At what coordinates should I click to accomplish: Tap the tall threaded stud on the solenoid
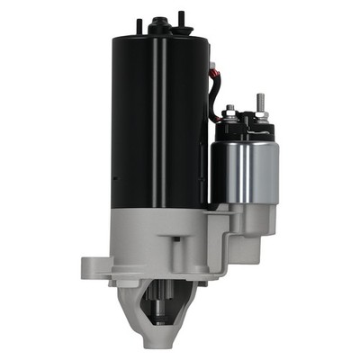tap(260, 103)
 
